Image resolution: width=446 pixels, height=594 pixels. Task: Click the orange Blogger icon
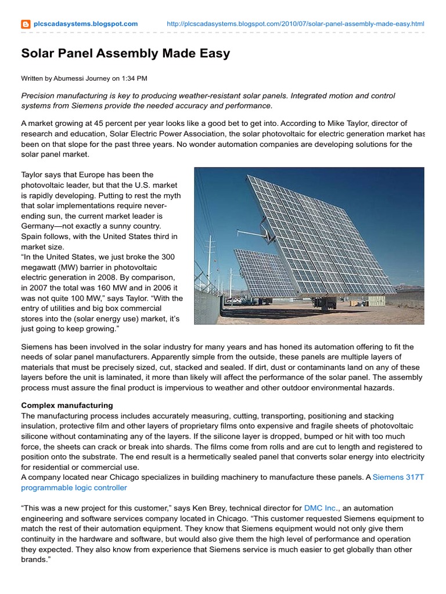(26, 24)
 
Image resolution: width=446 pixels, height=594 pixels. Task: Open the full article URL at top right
(295, 24)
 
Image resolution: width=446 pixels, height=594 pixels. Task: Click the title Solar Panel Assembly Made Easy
(125, 54)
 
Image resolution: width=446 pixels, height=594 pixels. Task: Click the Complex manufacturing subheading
(67, 405)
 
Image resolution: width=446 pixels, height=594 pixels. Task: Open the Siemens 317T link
(398, 477)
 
